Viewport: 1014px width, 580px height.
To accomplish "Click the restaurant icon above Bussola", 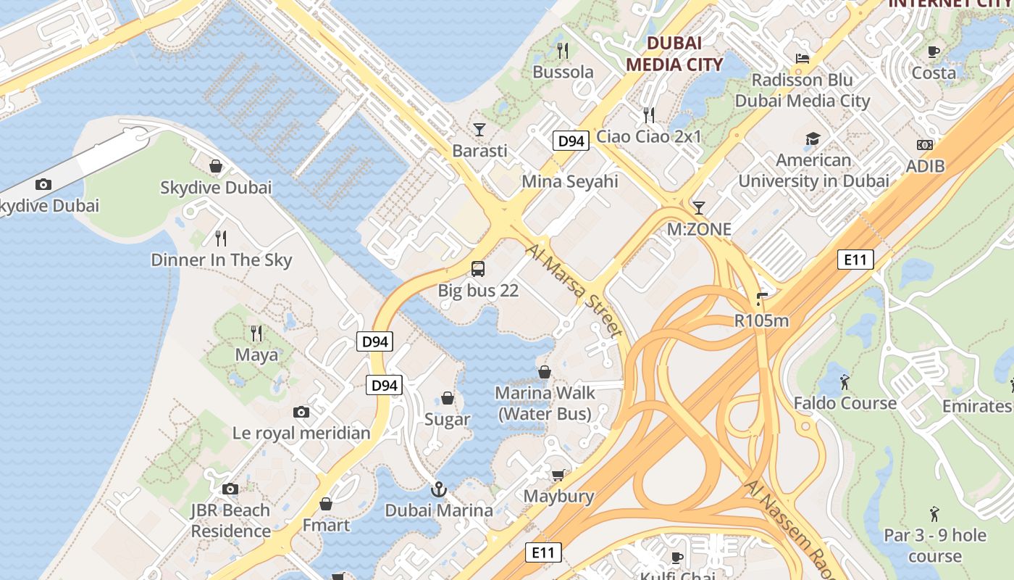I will [x=562, y=50].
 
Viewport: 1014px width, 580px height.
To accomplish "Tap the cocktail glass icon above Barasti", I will [x=479, y=130].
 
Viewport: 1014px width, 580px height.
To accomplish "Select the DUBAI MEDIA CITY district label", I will [x=674, y=54].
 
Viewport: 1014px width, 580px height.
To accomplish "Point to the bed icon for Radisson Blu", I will [x=802, y=59].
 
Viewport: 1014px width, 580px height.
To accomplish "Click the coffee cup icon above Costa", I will [x=934, y=51].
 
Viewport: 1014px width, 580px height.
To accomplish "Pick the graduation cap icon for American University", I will [x=813, y=138].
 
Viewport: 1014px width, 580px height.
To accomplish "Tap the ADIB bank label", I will [x=925, y=166].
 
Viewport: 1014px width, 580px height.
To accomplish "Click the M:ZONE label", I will [x=699, y=230].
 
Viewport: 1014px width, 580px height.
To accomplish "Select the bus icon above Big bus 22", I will [x=478, y=269].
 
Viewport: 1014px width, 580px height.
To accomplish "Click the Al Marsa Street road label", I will [x=575, y=291].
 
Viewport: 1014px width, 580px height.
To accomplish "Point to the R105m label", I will [x=761, y=320].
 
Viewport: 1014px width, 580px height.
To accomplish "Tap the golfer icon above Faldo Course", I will [x=845, y=381].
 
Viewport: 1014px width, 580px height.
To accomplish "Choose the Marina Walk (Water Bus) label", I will [x=545, y=403].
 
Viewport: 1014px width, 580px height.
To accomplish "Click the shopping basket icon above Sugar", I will [x=448, y=398].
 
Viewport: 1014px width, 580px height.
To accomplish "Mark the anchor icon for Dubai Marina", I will [x=438, y=489].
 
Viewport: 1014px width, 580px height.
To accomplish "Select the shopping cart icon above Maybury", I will [x=558, y=475].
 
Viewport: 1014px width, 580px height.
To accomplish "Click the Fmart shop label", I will [x=326, y=525].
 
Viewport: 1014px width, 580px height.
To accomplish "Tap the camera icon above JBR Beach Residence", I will [x=230, y=489].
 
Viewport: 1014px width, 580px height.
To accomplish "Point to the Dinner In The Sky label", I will [x=221, y=260].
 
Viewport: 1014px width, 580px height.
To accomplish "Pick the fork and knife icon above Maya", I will [x=256, y=333].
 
